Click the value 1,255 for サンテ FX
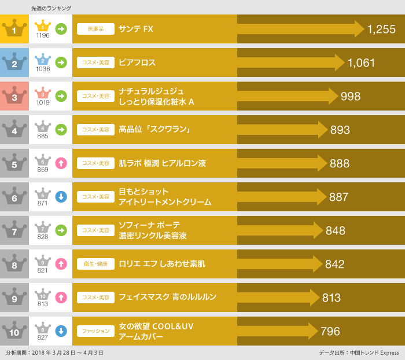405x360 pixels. click(381, 30)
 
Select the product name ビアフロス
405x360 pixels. click(137, 63)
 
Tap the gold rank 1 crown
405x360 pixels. click(14, 28)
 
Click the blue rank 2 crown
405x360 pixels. click(14, 62)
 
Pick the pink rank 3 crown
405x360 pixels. click(14, 95)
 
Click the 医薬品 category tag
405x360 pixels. click(95, 29)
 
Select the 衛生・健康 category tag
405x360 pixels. click(95, 264)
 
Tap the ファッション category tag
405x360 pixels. click(95, 331)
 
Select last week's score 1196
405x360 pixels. click(43, 35)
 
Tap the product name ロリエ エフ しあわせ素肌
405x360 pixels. click(161, 264)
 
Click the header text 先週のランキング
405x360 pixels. click(51, 8)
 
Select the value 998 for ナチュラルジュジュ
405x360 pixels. click(351, 97)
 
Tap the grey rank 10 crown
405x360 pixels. click(14, 330)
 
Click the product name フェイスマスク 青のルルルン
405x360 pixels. click(167, 297)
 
